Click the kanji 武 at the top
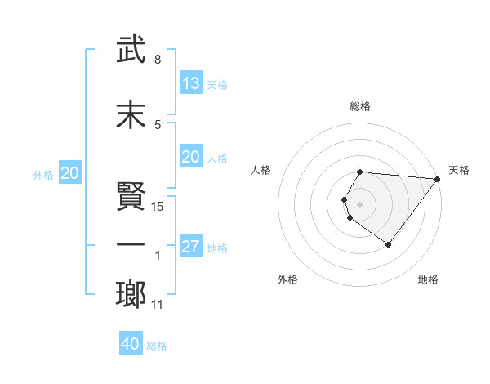click(131, 50)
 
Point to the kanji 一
click(131, 244)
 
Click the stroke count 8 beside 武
click(157, 60)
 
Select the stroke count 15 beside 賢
click(158, 207)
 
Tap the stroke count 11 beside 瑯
click(158, 306)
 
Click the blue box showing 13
click(191, 83)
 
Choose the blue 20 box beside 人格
click(191, 157)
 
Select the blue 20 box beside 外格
click(70, 172)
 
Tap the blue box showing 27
click(191, 247)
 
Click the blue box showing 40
click(131, 344)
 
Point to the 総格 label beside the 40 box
click(158, 346)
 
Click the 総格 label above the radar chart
click(360, 106)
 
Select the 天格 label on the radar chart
click(459, 170)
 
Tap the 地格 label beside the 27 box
click(218, 248)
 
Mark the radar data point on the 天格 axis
click(438, 179)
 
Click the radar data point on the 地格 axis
click(388, 244)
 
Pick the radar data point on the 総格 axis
click(360, 172)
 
